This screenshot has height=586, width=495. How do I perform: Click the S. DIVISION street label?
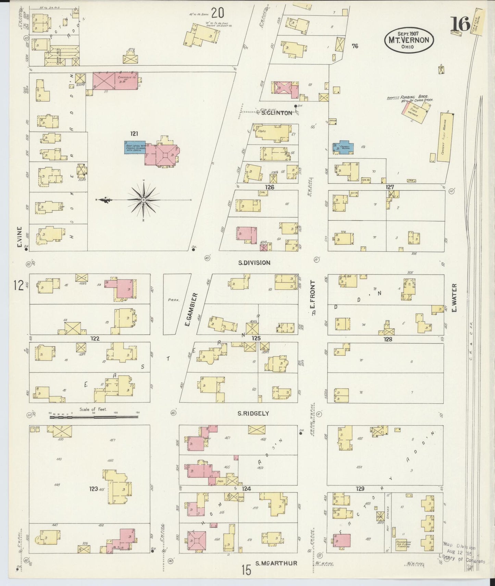(x=254, y=263)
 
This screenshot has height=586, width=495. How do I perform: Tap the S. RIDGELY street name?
(x=253, y=414)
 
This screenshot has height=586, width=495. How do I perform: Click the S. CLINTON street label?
(x=276, y=113)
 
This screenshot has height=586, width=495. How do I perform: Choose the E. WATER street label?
(x=455, y=298)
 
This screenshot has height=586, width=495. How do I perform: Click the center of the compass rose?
(x=144, y=200)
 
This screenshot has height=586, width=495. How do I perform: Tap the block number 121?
(x=134, y=134)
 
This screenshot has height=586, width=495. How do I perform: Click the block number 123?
(x=94, y=489)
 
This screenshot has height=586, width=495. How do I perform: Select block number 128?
(x=387, y=339)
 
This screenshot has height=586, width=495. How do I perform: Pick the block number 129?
(x=360, y=489)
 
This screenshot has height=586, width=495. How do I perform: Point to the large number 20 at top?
(x=218, y=13)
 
